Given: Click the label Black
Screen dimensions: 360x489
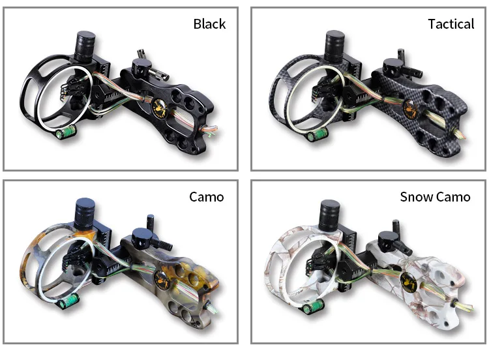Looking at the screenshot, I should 209,24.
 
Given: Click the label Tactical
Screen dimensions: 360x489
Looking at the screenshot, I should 451,24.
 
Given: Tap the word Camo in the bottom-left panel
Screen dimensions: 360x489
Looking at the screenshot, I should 207,196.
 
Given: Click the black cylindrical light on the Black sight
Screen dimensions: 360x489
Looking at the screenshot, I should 85,44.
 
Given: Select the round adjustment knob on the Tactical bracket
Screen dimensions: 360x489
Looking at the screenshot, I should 392,67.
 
